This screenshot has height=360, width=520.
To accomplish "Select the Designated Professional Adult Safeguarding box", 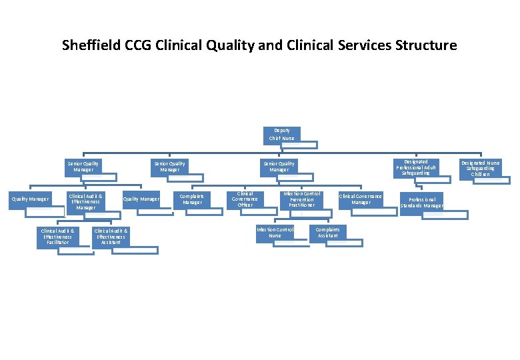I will coord(416,167).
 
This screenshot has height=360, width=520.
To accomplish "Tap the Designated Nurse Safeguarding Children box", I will coord(483,169).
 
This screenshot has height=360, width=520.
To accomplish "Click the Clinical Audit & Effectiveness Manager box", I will coord(85,202).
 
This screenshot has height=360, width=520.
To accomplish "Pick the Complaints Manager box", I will coord(192,199).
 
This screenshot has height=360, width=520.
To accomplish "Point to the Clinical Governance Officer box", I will coord(245,200).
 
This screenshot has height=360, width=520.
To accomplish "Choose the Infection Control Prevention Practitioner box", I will coord(301,199).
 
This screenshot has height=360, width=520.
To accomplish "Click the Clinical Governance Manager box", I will coord(360,199).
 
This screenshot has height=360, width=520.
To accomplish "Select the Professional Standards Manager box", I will coord(421,202).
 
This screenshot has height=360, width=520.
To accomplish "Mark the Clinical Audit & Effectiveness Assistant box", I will coord(111,236).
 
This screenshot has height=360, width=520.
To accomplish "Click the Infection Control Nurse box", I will coord(275,233).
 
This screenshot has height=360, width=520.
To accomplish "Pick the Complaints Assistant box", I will coord(327,233).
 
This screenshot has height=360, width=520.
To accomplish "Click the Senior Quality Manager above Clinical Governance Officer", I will coord(279,167).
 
